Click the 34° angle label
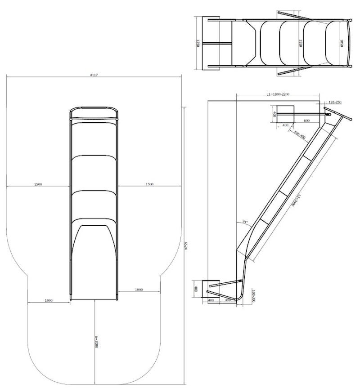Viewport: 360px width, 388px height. (x=245, y=221)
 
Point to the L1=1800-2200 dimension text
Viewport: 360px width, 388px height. (x=277, y=94)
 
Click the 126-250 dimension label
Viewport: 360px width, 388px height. (x=335, y=103)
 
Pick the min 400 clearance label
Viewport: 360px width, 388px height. (x=299, y=134)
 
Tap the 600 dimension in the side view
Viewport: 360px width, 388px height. (x=306, y=120)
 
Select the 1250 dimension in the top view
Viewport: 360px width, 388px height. (x=198, y=43)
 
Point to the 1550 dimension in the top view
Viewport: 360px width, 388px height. (x=300, y=43)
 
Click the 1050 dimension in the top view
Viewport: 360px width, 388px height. (x=342, y=43)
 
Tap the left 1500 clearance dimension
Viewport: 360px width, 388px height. (x=38, y=184)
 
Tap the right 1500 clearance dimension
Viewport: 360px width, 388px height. (x=149, y=184)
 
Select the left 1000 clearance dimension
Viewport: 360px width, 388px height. (x=49, y=300)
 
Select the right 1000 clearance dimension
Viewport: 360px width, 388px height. (x=139, y=290)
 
